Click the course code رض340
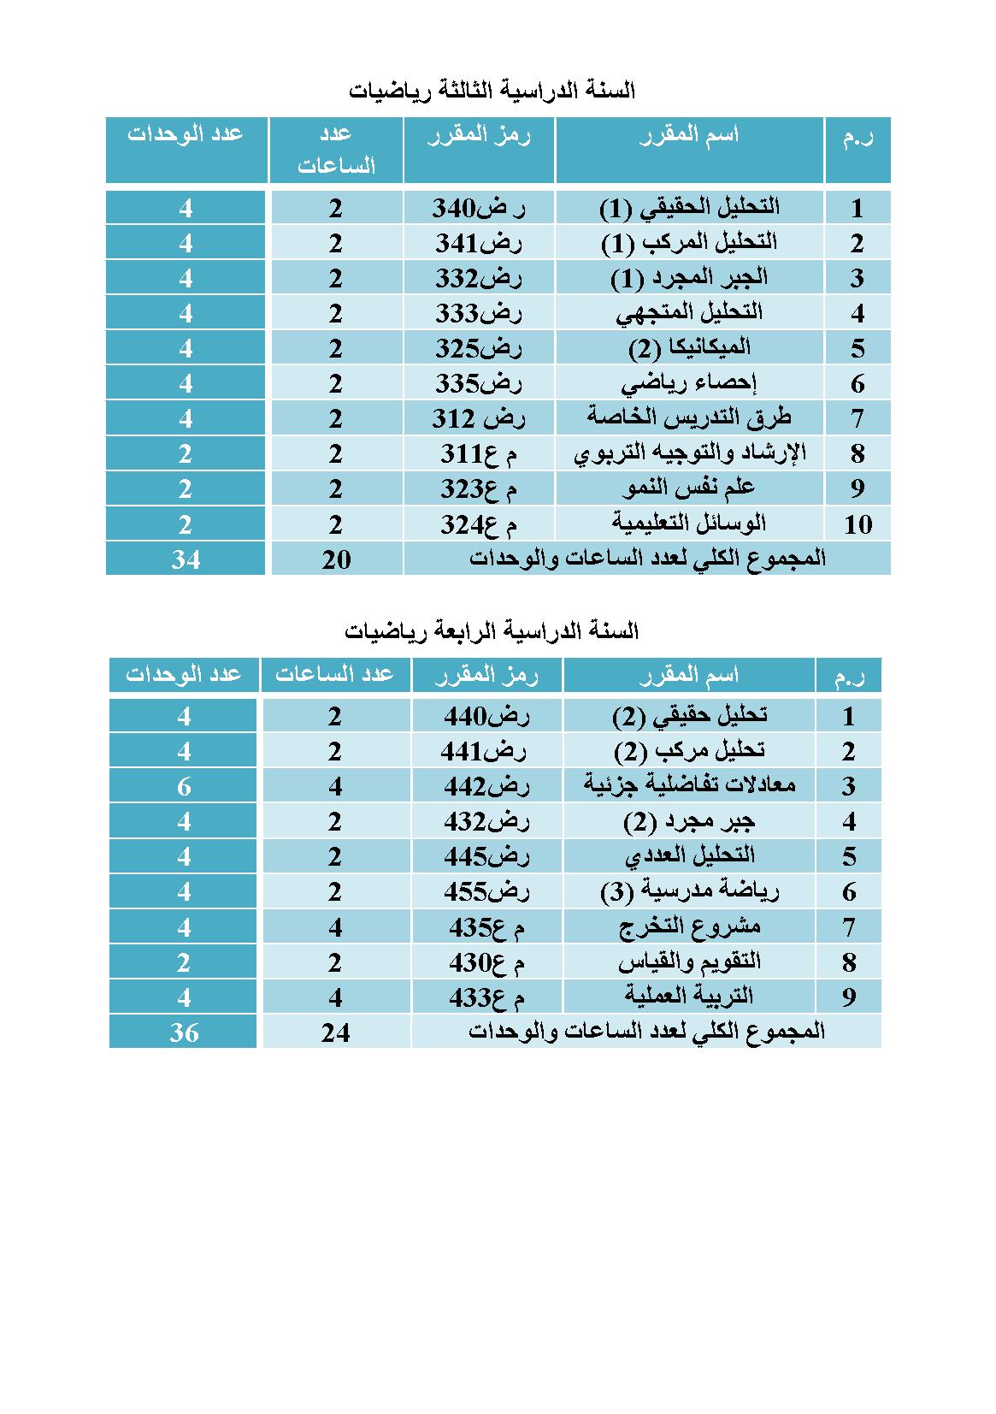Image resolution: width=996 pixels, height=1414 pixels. coord(479,208)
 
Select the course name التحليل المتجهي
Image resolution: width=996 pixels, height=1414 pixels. coord(689,312)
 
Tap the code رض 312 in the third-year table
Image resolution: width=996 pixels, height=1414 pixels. coord(479,418)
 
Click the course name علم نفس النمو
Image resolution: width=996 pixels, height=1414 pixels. coord(689,488)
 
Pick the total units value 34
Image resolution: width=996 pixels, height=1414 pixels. coord(186,559)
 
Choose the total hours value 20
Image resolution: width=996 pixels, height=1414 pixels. coord(336,559)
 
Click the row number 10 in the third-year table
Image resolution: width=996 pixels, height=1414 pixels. coord(858,524)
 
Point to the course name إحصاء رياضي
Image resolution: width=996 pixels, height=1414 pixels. coord(689,382)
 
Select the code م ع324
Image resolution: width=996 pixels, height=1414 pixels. coord(479,524)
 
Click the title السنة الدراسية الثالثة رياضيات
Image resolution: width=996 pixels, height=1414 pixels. coord(492,90)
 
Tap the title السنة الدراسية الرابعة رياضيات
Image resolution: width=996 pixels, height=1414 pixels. coord(492,631)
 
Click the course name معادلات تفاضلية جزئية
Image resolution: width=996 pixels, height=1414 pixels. coord(689,785)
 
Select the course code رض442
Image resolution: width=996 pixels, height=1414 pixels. coord(486,786)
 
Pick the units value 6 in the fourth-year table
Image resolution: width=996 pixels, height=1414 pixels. coord(184,786)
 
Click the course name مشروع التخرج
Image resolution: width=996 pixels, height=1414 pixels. coord(689,926)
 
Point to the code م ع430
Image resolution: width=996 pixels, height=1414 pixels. coord(486,962)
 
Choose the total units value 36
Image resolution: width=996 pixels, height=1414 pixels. coord(184,1032)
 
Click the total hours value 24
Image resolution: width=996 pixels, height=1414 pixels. coord(336,1032)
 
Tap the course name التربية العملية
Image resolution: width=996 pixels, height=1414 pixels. coord(689,997)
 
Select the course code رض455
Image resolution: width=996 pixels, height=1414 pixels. coord(486,891)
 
